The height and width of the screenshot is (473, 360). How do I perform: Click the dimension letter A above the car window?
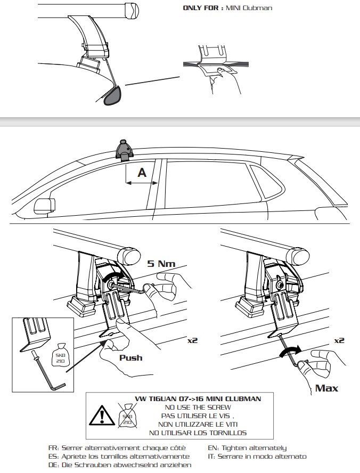(142, 173)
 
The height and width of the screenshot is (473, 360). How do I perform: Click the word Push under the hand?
(130, 357)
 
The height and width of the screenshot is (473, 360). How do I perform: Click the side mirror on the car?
(44, 206)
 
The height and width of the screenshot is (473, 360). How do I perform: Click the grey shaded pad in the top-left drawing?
(112, 96)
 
